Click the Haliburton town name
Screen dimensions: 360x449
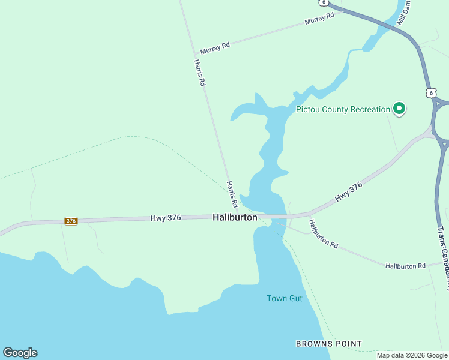[x=235, y=218]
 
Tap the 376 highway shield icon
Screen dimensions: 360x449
[x=71, y=221]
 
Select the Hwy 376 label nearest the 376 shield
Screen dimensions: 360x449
[x=165, y=219]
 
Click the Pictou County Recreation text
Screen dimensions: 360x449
[x=343, y=110]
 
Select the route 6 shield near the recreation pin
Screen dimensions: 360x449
[x=430, y=92]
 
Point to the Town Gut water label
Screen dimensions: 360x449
[x=285, y=298]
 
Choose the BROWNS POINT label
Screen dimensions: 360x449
[x=328, y=344]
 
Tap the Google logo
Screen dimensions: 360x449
[x=20, y=353]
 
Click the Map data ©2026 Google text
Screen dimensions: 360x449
[x=411, y=355]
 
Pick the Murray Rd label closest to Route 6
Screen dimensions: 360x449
[x=319, y=20]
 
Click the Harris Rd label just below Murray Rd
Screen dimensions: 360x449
[x=199, y=73]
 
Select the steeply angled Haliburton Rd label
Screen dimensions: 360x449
[x=324, y=234]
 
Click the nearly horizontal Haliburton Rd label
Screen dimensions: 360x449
[x=405, y=265]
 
